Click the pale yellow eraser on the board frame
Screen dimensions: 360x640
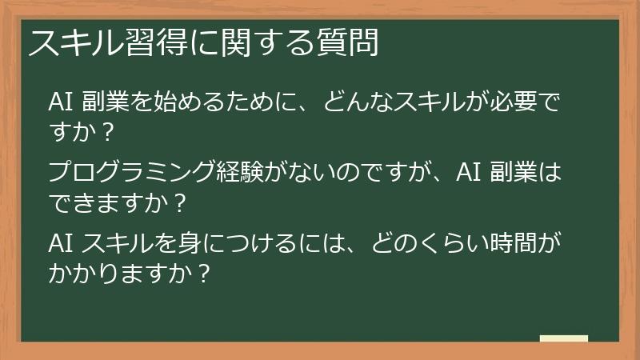tap(564, 338)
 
